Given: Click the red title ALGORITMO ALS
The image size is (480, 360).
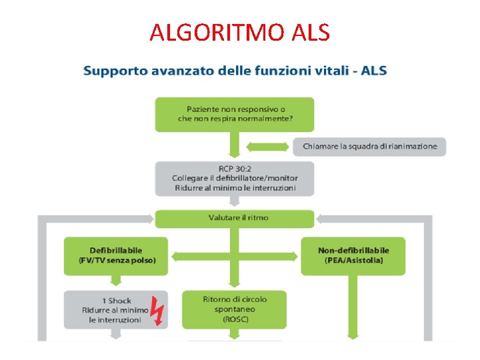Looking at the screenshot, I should point(239,32).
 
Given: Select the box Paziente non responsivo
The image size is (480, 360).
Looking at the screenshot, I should point(235,114).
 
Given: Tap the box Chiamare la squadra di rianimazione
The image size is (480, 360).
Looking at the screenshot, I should point(369,146).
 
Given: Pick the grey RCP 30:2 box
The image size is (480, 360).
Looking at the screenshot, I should point(235,178).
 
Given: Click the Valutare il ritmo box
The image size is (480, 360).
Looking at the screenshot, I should point(235,218).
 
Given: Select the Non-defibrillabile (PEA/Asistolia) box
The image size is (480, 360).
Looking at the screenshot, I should point(353,255).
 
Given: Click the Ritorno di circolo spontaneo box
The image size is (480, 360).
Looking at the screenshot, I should point(235,309).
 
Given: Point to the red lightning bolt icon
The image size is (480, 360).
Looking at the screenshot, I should point(157,310).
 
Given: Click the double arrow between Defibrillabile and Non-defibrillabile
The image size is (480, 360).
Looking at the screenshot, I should point(235,255).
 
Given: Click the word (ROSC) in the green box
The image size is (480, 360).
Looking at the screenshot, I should point(235,319).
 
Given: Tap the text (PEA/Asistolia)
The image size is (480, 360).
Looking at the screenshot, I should point(353,260).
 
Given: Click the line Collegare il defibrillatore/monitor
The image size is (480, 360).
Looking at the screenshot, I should point(235,178).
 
